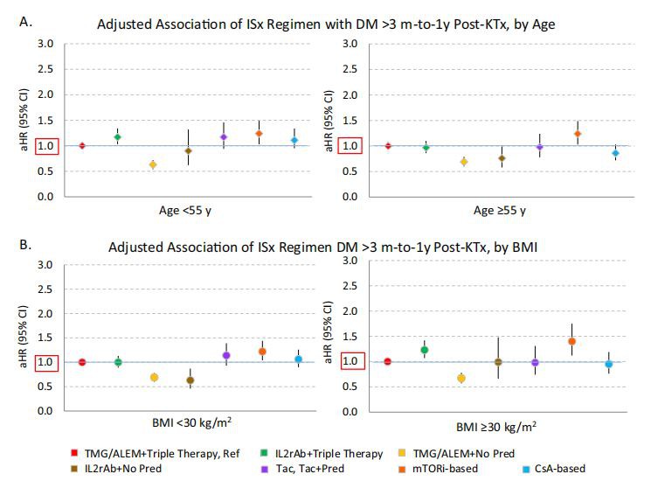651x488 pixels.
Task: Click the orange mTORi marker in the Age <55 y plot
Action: pyautogui.click(x=259, y=134)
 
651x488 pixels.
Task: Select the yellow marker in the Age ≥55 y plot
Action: pyautogui.click(x=464, y=162)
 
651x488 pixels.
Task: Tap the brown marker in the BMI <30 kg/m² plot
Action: pyautogui.click(x=190, y=380)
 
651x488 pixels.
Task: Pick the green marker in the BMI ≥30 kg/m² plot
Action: pyautogui.click(x=425, y=350)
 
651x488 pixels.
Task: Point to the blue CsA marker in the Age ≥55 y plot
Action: pyautogui.click(x=615, y=153)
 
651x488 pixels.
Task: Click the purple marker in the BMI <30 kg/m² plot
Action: pyautogui.click(x=226, y=355)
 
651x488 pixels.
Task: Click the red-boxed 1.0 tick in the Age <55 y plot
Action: pyautogui.click(x=46, y=146)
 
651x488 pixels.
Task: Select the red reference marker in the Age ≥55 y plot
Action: pyautogui.click(x=388, y=145)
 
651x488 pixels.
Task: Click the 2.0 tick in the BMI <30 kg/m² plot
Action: pyautogui.click(x=46, y=313)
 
